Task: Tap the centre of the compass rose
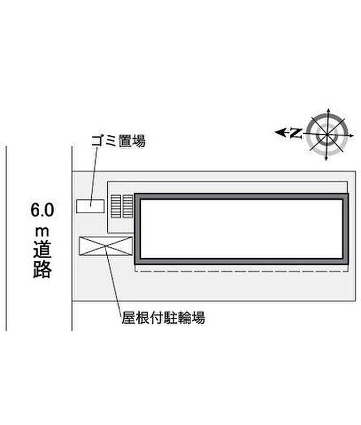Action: [x=326, y=133]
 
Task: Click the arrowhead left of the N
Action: [x=280, y=133]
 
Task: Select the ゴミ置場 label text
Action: [x=118, y=141]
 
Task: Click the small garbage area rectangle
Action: [x=90, y=206]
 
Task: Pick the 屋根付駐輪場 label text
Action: [x=163, y=319]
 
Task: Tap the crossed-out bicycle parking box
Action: [x=105, y=246]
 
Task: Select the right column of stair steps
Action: [x=127, y=206]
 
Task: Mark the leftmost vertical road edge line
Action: [x=7, y=238]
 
